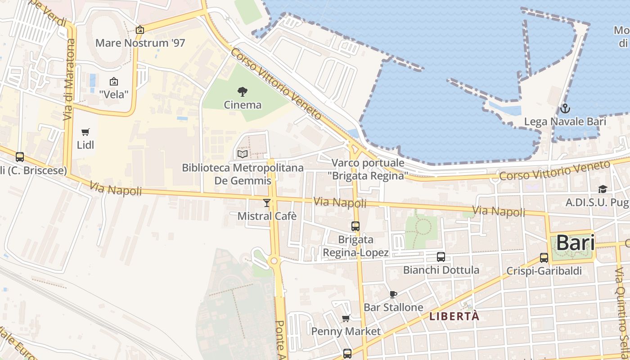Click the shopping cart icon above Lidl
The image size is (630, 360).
point(85,132)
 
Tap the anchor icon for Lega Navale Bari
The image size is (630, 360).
point(565,108)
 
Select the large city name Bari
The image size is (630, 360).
point(576,243)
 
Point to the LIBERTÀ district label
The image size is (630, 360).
point(454,316)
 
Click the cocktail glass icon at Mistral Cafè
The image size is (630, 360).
point(267,203)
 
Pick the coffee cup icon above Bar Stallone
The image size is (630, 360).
point(393,294)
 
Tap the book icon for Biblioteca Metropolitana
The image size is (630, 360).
point(243,154)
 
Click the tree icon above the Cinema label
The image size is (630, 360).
point(243,92)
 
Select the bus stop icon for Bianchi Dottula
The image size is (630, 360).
point(441,257)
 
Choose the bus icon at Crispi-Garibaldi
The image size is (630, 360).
point(544,258)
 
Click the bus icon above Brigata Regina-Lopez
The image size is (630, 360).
point(355,226)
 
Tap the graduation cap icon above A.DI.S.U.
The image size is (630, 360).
point(603,189)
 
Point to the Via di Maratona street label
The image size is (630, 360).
point(69,80)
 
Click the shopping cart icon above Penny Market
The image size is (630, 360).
point(346,319)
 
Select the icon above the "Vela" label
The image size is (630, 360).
point(114,81)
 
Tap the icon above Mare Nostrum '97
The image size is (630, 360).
point(140,30)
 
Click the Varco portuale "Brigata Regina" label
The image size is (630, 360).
point(368,169)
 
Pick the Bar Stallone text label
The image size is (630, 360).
point(393,307)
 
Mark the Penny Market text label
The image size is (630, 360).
point(346,332)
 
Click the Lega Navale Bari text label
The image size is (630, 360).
point(565,121)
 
